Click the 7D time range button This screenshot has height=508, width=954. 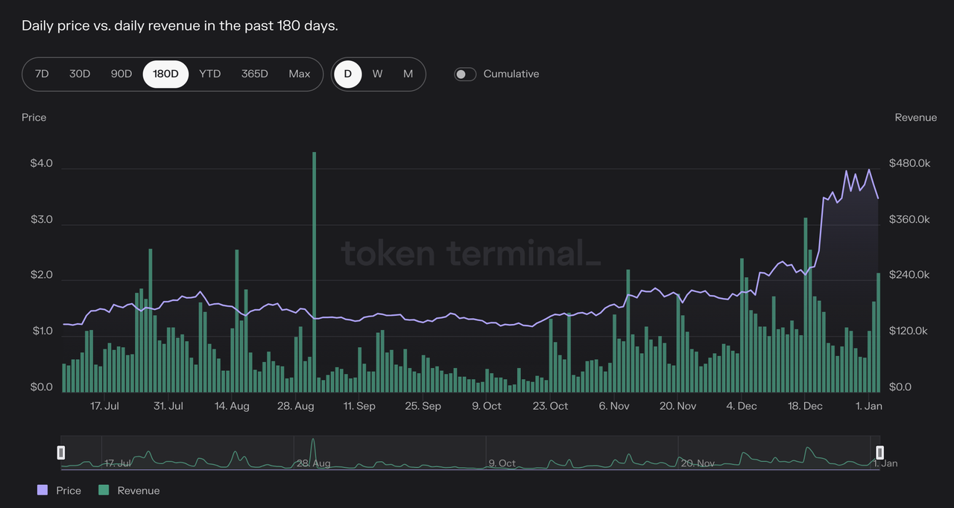(x=42, y=74)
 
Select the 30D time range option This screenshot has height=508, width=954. (x=80, y=74)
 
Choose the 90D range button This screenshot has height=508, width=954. (x=121, y=74)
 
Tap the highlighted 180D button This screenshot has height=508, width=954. (x=165, y=74)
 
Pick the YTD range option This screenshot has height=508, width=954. (x=210, y=74)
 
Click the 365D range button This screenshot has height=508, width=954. (x=255, y=74)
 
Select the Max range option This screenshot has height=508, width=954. (x=300, y=74)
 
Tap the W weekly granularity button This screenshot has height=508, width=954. (x=378, y=74)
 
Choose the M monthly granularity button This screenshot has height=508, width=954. (x=408, y=74)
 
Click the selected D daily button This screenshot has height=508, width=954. (x=347, y=74)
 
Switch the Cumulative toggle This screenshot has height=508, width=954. (x=465, y=74)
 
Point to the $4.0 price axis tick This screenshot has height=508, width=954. (x=42, y=163)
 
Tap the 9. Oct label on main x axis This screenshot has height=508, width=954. (x=487, y=406)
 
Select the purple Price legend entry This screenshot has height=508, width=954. (x=59, y=490)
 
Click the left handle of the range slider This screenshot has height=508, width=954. (x=61, y=452)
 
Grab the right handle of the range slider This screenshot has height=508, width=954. (x=879, y=452)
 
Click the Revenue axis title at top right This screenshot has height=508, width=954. (x=915, y=118)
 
